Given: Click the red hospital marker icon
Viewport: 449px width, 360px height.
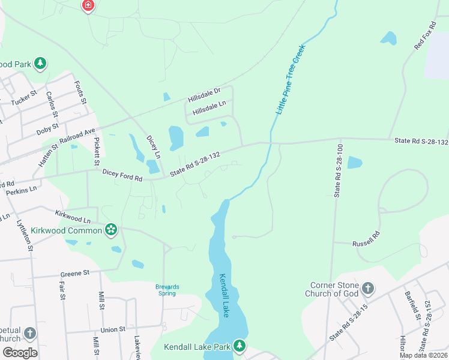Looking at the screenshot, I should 88,5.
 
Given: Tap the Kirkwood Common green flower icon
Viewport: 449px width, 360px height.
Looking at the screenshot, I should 110,229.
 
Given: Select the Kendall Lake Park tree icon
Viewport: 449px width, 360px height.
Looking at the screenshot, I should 240,346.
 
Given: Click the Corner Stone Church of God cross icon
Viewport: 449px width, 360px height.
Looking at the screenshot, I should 368,289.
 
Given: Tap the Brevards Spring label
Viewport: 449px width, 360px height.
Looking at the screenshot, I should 167,290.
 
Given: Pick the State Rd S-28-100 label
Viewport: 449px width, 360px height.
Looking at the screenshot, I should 339,170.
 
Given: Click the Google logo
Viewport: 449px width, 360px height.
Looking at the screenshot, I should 20,352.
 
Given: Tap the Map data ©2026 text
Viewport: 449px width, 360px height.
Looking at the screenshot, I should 424,355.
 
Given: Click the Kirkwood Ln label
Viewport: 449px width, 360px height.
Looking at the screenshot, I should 72,217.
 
